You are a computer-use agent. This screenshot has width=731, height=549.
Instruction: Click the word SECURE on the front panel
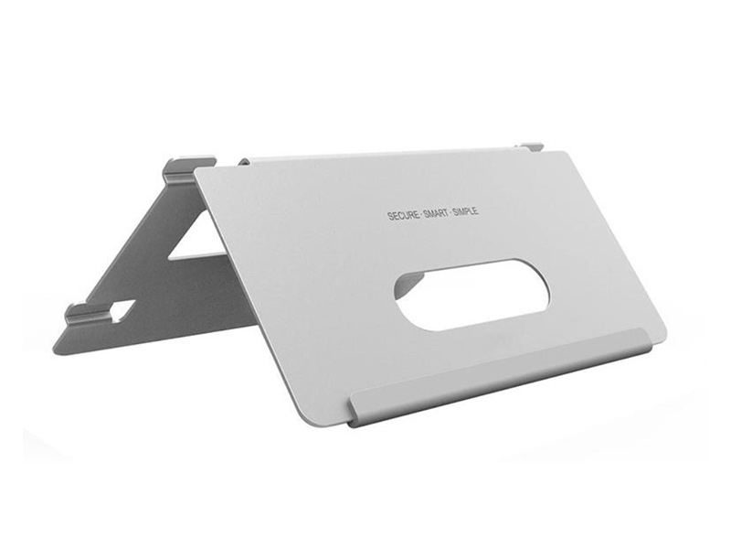point(403,216)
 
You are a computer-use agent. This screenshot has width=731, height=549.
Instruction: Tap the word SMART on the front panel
point(436,214)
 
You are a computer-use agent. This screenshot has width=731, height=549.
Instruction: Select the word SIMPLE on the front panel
point(465,211)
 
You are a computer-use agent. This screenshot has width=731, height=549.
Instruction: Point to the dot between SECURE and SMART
point(421,215)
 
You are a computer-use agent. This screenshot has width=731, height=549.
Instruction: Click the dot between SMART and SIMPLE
point(450,213)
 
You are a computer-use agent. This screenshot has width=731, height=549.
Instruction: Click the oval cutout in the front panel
point(471,296)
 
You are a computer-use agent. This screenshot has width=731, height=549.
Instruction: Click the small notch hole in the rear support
point(122,309)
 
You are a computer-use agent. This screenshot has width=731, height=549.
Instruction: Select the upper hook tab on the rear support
point(185,169)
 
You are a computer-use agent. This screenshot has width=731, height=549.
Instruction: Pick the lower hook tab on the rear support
point(84,313)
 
